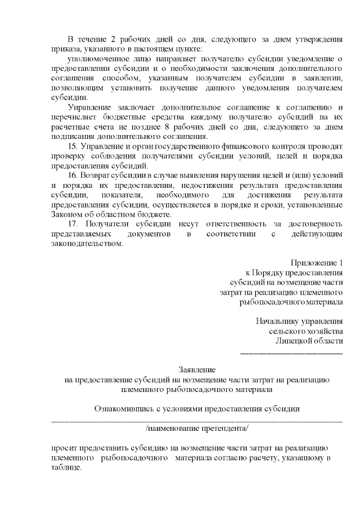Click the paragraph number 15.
71,146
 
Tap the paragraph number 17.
71,224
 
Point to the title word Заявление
197,370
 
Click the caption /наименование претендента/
197,428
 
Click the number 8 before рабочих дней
222,127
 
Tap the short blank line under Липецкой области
291,353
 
